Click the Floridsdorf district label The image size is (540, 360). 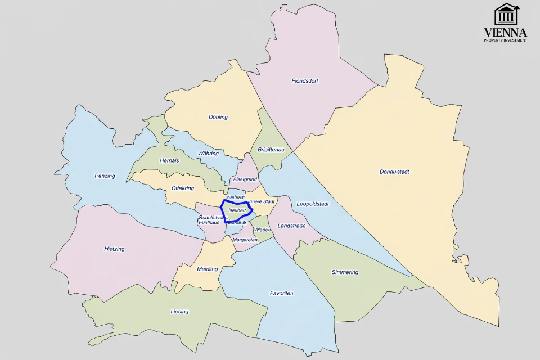(x=305, y=81)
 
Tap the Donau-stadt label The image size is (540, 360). (x=394, y=172)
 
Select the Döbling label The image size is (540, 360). (x=218, y=117)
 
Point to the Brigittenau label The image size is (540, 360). (x=271, y=150)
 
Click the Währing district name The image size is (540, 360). (x=208, y=154)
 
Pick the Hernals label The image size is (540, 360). (x=169, y=160)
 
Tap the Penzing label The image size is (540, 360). (x=105, y=176)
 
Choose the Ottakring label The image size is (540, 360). (x=183, y=188)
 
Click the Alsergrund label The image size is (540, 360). (x=245, y=179)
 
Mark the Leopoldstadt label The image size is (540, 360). (x=313, y=204)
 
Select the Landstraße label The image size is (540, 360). (x=291, y=226)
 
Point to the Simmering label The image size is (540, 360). (x=345, y=272)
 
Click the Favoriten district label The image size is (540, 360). (x=281, y=294)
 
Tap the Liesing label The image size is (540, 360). (x=179, y=312)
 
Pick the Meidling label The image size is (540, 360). (x=208, y=269)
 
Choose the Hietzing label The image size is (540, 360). (x=114, y=249)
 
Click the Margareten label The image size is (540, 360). (x=245, y=240)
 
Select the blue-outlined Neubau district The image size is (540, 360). (x=237, y=210)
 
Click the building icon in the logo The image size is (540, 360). (x=506, y=15)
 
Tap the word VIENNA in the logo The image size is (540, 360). (x=506, y=32)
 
